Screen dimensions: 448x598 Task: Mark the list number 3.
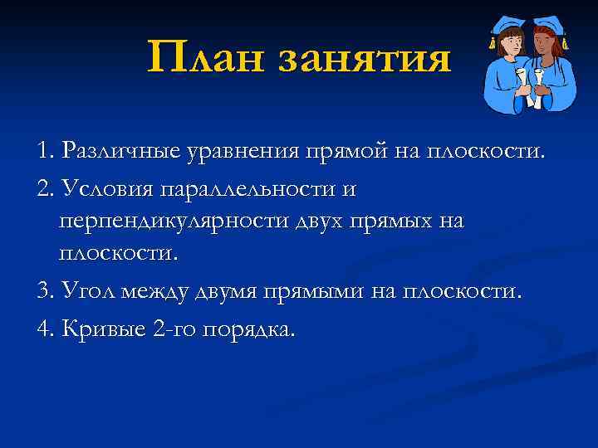click(43, 292)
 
